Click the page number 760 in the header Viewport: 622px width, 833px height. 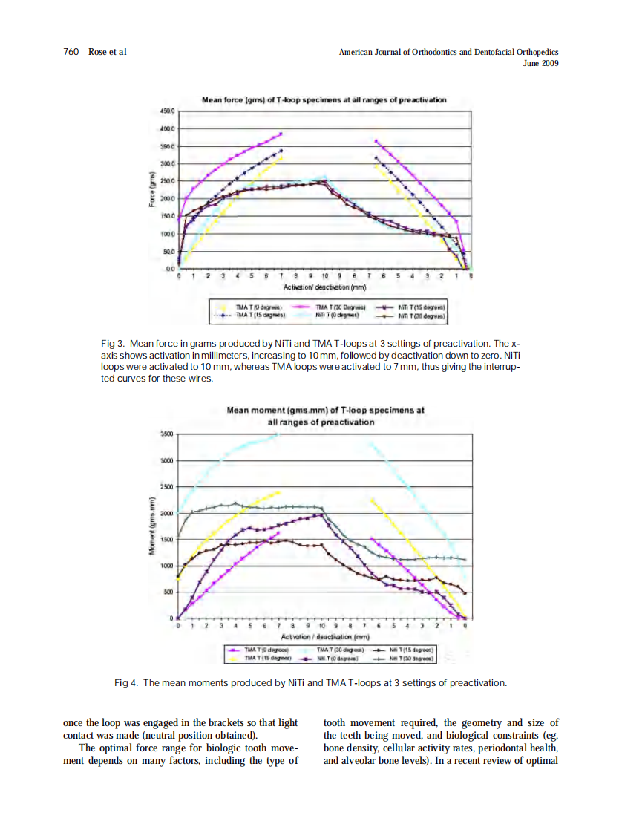[x=71, y=52]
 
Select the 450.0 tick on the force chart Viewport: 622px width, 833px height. [x=167, y=111]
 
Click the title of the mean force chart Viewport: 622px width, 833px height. [x=324, y=99]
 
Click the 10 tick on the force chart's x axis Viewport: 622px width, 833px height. [x=324, y=275]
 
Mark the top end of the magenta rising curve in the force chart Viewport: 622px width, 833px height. [x=281, y=134]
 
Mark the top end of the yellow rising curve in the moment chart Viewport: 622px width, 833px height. [x=279, y=491]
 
